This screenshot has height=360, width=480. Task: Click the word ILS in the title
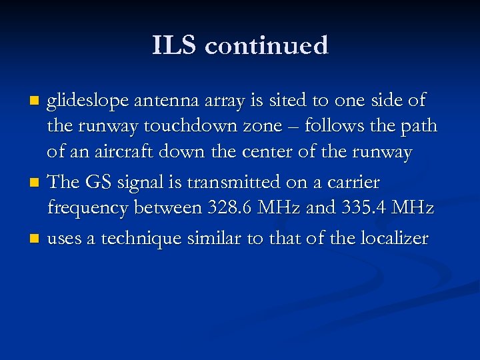pyautogui.click(x=174, y=46)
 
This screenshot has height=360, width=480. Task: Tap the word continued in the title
pyautogui.click(x=267, y=46)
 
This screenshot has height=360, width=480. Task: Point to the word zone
pyautogui.click(x=304, y=127)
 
